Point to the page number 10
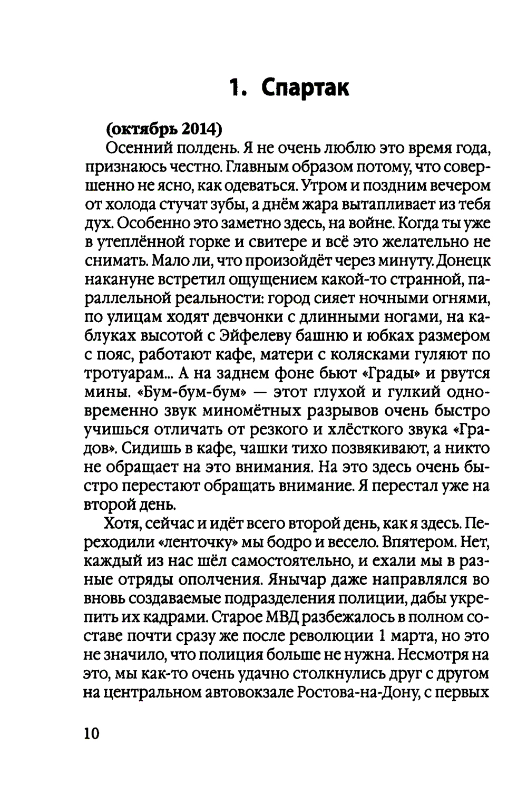pyautogui.click(x=91, y=733)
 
